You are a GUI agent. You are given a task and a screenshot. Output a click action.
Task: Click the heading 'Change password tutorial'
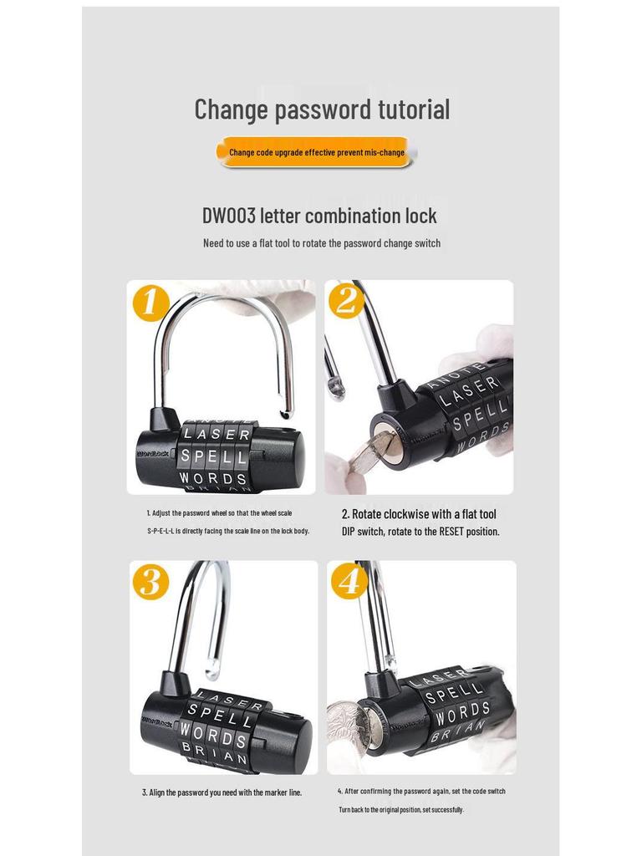click(322, 110)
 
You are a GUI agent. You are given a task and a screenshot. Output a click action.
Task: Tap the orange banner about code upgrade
click(316, 153)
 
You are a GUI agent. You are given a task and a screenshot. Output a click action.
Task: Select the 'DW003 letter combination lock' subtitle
click(319, 216)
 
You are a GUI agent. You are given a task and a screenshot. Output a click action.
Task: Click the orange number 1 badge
click(150, 303)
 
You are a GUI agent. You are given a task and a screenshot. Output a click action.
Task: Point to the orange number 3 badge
click(150, 582)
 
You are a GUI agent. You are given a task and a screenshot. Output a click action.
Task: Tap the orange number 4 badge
click(349, 580)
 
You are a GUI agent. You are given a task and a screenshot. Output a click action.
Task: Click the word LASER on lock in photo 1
click(217, 434)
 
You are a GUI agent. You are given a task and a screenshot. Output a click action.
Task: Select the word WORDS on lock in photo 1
click(214, 478)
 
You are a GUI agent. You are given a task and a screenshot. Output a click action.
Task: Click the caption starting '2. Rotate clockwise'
click(419, 514)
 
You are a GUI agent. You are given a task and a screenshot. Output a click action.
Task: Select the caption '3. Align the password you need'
click(222, 792)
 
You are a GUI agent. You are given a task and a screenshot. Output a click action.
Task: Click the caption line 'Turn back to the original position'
click(401, 809)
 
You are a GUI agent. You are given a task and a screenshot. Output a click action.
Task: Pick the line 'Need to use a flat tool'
click(322, 243)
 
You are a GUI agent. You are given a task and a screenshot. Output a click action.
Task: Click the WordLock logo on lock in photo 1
click(152, 455)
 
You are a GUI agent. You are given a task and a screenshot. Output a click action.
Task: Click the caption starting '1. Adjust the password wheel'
click(219, 512)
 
